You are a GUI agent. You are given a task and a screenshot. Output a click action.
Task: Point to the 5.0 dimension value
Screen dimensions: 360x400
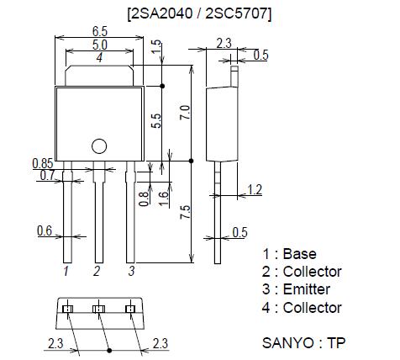[99, 45]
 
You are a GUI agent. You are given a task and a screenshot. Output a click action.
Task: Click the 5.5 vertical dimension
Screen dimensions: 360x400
[155, 120]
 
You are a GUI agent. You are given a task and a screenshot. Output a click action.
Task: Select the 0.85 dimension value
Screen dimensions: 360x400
[44, 162]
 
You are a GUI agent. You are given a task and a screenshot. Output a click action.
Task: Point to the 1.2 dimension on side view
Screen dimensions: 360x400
[255, 191]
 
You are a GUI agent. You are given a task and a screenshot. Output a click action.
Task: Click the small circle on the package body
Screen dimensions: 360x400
[98, 146]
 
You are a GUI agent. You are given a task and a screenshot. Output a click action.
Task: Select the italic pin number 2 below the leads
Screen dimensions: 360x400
[97, 271]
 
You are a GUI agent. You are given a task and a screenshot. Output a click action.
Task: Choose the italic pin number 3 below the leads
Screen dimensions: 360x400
[131, 271]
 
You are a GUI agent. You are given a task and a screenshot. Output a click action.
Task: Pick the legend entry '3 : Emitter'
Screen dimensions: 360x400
[296, 289]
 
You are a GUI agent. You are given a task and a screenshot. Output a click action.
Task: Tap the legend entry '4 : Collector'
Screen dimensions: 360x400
[302, 308]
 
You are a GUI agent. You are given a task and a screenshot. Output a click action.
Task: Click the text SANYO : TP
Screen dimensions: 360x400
[303, 343]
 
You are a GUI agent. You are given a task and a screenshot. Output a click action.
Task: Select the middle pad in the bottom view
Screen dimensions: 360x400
[98, 310]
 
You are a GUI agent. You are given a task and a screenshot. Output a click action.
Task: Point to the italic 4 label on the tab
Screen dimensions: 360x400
[99, 58]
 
